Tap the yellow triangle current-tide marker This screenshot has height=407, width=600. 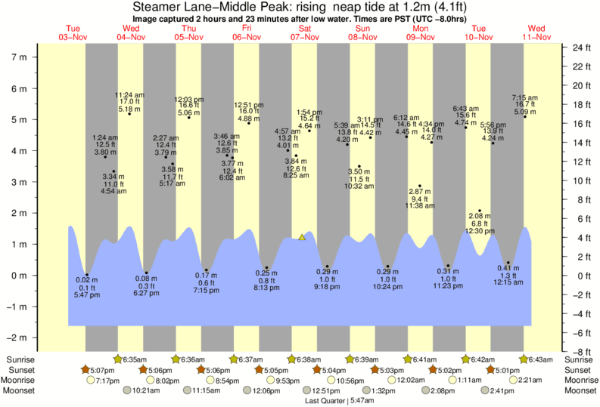[302, 237]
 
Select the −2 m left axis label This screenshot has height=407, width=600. [19, 338]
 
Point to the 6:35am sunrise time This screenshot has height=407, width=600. [135, 359]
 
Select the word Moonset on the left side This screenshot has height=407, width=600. [23, 391]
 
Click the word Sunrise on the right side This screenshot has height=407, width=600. [577, 359]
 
